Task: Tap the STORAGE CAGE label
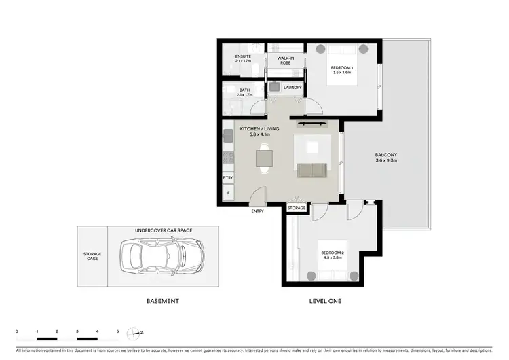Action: (92, 257)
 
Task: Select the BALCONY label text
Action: (385, 158)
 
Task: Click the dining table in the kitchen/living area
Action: (265, 158)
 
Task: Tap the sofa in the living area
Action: (312, 170)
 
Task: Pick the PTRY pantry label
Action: (228, 177)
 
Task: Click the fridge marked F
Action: (228, 194)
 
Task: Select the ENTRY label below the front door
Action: (259, 211)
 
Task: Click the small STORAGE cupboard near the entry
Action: (297, 207)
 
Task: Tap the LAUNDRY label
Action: (293, 88)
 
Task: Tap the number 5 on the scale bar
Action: (118, 331)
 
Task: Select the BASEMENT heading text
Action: (163, 300)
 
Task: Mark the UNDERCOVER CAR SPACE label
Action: (163, 230)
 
